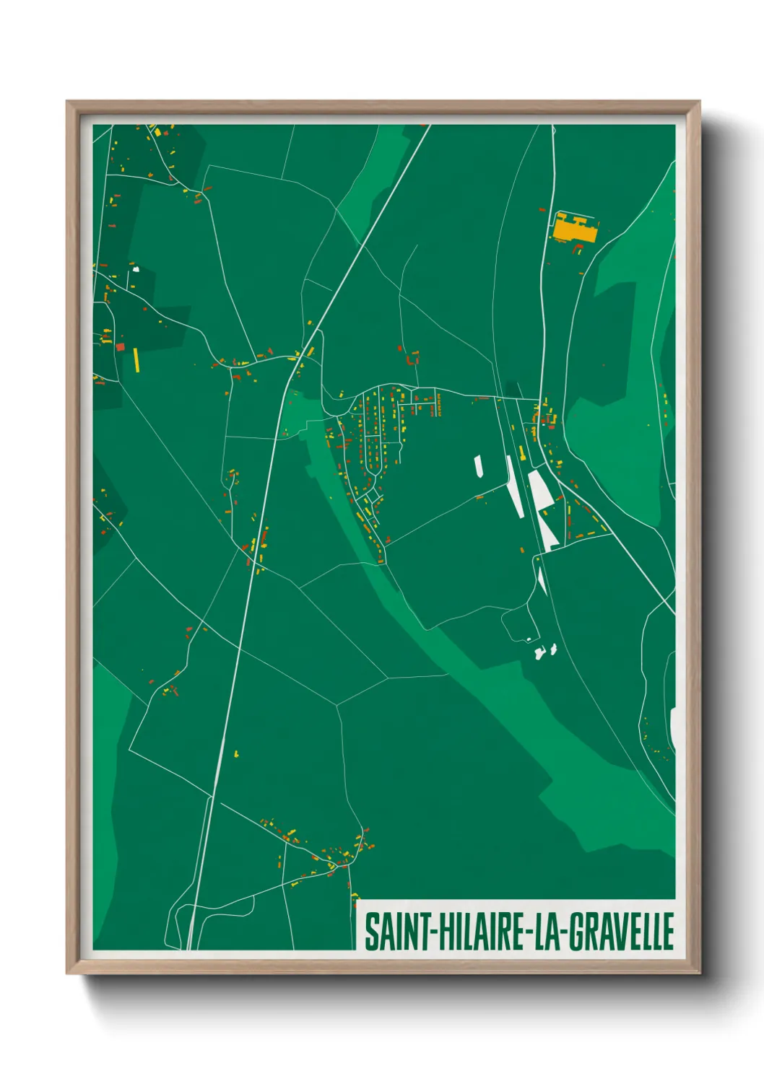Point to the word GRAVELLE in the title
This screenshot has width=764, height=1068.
coord(621,932)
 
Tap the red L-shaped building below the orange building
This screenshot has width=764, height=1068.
coord(577,249)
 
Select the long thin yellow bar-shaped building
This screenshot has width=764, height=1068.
coord(136,360)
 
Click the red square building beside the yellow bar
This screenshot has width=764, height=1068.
coord(121,346)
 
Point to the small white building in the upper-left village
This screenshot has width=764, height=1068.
coord(135,270)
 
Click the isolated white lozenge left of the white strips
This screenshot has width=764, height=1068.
coord(478,466)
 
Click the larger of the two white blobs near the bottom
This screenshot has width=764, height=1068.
coord(539,654)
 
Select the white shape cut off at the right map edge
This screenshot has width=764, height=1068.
coord(672,727)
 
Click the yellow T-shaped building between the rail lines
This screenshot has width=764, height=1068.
coord(521,453)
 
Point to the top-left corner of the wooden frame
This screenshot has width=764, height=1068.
coord(68,102)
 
